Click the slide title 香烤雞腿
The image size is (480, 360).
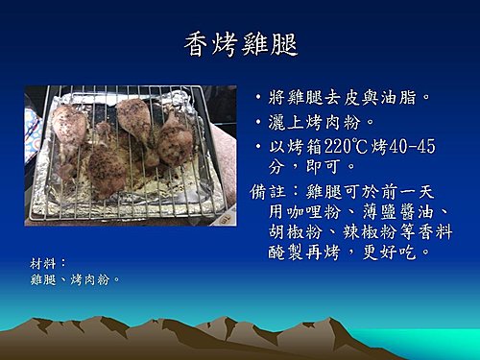click(241, 45)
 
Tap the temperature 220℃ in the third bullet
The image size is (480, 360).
click(347, 146)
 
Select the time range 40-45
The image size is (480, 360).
click(413, 146)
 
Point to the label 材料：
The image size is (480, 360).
click(48, 264)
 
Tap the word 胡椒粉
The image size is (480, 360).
click(296, 231)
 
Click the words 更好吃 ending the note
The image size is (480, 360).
click(390, 252)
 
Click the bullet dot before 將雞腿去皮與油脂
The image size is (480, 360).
click(258, 97)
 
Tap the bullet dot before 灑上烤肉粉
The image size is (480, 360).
click(258, 122)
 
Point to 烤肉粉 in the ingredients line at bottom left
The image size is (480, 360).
click(90, 279)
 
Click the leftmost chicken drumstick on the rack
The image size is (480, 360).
click(68, 128)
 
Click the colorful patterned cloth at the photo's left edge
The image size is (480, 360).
click(33, 134)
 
